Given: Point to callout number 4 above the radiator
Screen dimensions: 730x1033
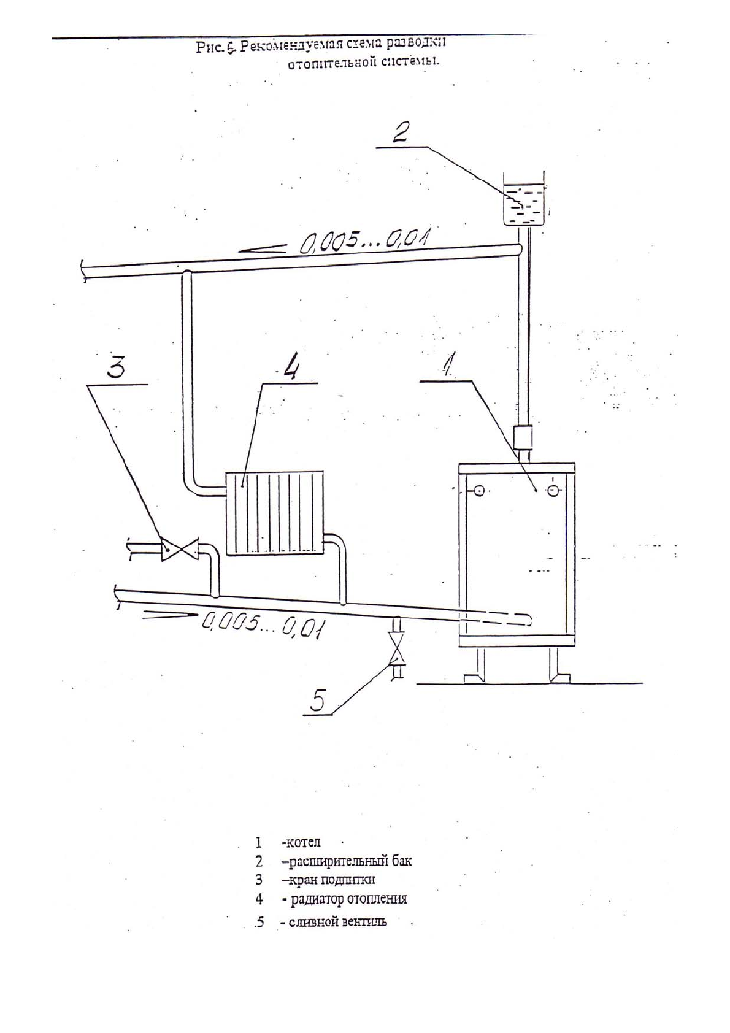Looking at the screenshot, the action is coord(290,368).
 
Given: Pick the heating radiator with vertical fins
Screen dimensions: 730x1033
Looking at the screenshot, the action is coord(274,513).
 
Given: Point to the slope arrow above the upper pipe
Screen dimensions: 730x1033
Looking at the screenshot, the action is coord(263,248).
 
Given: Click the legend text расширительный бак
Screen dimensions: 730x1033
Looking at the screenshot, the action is coord(347,861).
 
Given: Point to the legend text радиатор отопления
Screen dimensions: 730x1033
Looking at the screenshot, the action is coord(348,899).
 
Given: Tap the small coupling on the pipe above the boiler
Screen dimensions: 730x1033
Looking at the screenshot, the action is coord(522,437).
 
